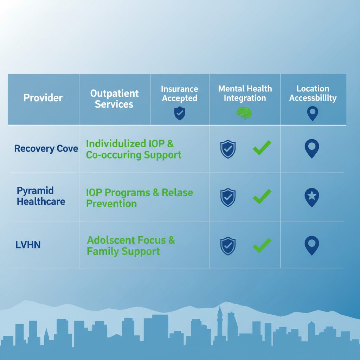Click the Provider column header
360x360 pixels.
coord(43,98)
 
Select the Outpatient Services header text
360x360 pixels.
coord(114,99)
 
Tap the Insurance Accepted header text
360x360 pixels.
coord(180,94)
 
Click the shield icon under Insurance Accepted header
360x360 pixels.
coord(180,114)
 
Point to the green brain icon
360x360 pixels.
coord(244,113)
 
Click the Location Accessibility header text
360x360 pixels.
coord(313,94)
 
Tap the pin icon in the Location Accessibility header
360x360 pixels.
coord(312,114)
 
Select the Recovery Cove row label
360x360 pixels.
coord(46,149)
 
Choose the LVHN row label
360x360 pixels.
coord(28,245)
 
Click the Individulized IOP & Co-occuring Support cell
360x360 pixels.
coord(134,149)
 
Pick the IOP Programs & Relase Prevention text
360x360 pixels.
coord(139,198)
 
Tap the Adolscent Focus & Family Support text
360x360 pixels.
coord(131,246)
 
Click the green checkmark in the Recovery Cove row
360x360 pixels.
coord(262,148)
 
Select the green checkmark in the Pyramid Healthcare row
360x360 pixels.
coord(262,197)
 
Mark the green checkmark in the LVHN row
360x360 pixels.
coord(262,245)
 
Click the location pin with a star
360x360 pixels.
coord(311,197)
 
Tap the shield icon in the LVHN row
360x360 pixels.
coord(228,246)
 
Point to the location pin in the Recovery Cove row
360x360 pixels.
coord(311,148)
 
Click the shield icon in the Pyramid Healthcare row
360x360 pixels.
coord(228,197)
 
